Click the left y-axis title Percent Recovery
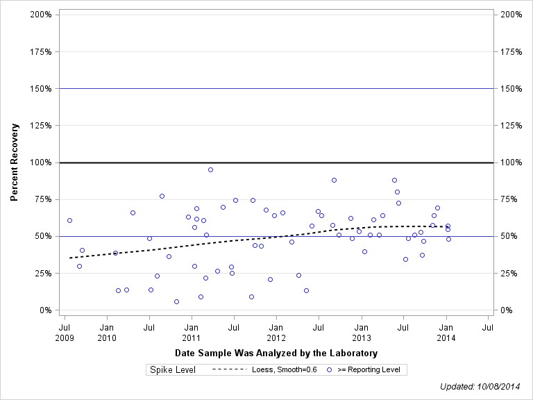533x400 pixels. point(14,162)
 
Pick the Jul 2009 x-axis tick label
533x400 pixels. point(65,332)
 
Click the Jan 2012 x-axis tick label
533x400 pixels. point(276,332)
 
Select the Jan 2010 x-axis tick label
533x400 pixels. point(107,332)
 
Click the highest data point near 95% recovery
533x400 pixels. point(210,169)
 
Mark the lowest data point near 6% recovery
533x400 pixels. point(176,301)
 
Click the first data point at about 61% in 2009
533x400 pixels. point(69,220)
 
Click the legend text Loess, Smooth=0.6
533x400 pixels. point(285,369)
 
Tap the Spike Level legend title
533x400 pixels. point(173,369)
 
